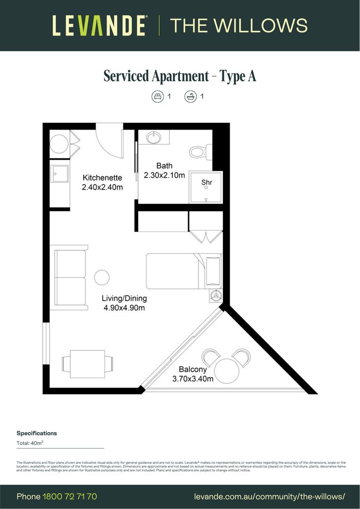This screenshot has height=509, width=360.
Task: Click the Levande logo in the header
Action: [x=99, y=25]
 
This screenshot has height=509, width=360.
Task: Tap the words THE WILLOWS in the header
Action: [x=238, y=25]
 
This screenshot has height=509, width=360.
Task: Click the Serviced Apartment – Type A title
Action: [x=180, y=76]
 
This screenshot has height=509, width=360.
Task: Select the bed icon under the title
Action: [x=157, y=97]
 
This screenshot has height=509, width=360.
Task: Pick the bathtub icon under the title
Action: [x=190, y=97]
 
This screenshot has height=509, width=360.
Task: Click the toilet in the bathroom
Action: [x=198, y=152]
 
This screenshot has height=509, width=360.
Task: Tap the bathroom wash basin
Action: [x=153, y=138]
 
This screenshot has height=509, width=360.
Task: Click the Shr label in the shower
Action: [x=206, y=182]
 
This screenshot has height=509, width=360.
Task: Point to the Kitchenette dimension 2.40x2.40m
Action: [x=103, y=187]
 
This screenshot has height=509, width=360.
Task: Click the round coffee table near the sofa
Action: [x=102, y=277]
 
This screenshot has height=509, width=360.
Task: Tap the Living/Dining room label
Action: [x=124, y=298]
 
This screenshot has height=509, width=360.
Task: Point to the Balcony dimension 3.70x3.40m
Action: [x=193, y=379]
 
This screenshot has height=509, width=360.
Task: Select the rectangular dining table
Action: [x=88, y=363]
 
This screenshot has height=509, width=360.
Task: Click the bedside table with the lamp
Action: [x=216, y=296]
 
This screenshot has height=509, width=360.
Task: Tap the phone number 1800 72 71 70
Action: [x=70, y=497]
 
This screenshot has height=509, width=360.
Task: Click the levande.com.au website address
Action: [x=270, y=497]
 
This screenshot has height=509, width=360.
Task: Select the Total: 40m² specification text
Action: [x=31, y=443]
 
